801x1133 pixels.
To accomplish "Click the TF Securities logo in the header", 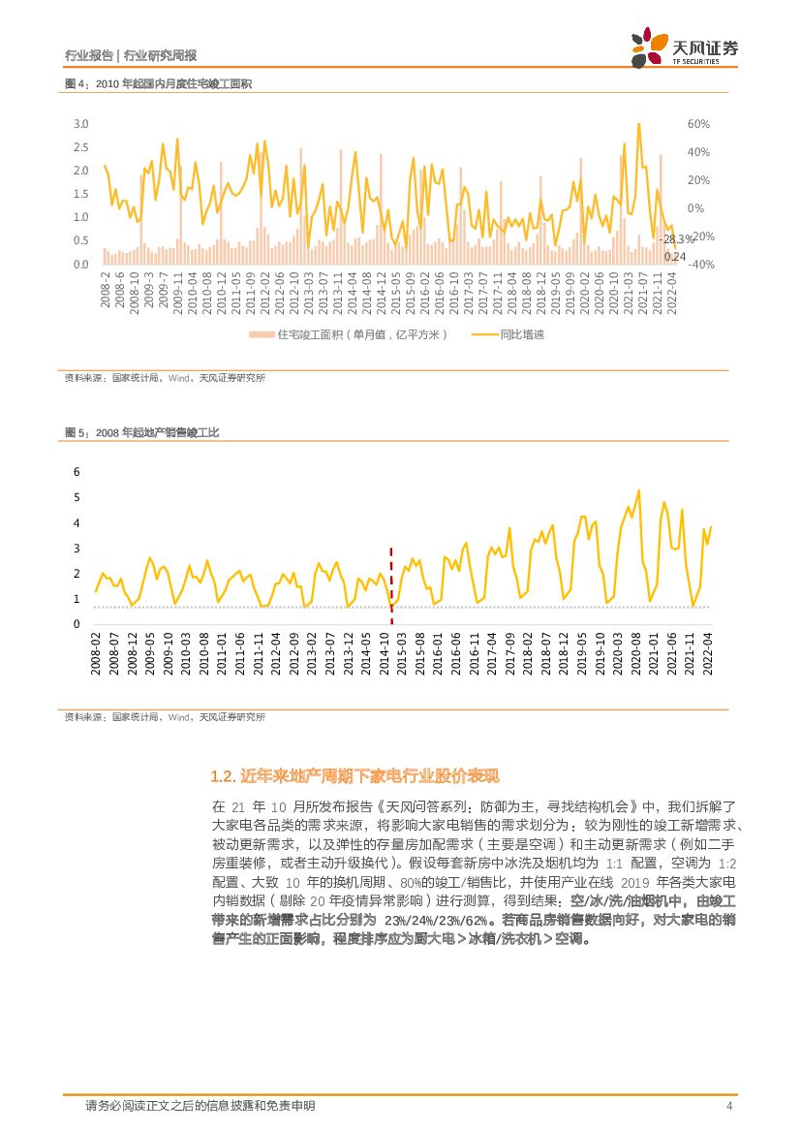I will click(x=684, y=47).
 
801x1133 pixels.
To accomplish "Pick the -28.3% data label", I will click(x=677, y=239).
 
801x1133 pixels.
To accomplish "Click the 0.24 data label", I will click(x=674, y=257).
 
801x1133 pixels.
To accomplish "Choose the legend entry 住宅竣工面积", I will click(x=349, y=334).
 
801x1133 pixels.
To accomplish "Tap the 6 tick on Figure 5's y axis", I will click(x=77, y=471).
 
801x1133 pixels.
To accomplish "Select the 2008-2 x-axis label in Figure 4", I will click(x=105, y=289).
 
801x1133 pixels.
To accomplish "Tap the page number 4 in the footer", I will click(x=728, y=1106).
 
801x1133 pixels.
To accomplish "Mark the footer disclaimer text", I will click(x=200, y=1106).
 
